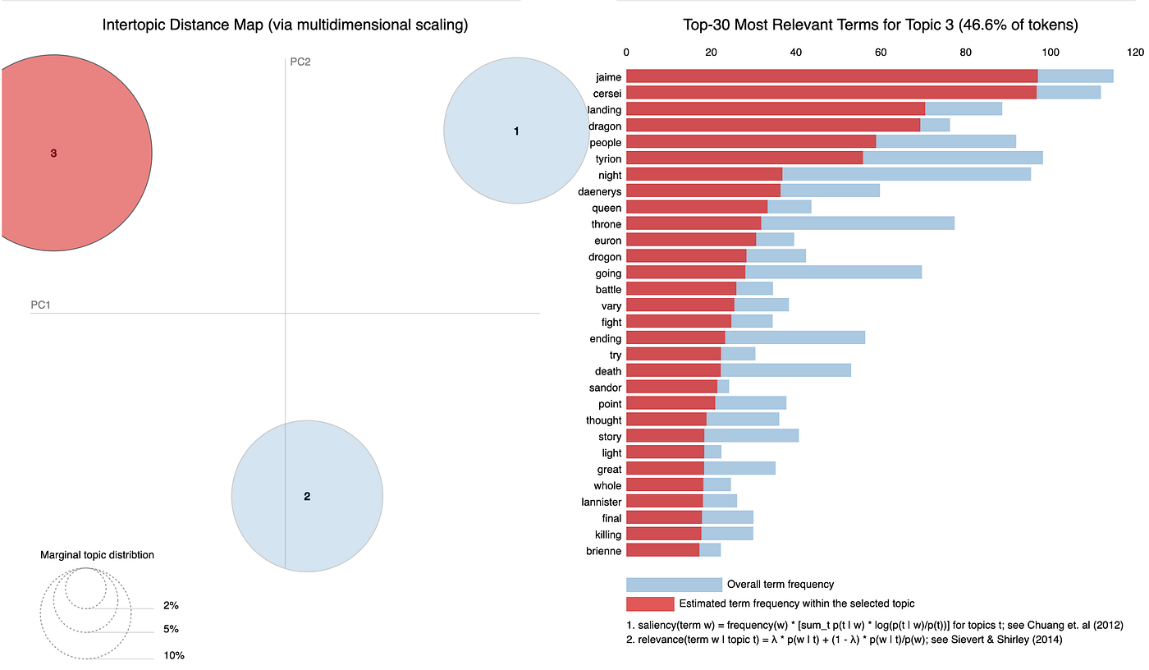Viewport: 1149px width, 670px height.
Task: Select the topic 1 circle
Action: [516, 131]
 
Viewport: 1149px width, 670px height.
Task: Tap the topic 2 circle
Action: [307, 496]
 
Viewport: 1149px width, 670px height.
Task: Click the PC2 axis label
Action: [300, 62]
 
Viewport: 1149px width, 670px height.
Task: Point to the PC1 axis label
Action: [40, 305]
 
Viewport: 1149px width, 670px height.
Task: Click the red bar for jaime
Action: [832, 76]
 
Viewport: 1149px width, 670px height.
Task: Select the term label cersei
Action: [607, 94]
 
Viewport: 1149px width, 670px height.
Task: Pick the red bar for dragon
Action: [773, 125]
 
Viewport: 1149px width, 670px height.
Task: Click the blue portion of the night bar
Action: [907, 174]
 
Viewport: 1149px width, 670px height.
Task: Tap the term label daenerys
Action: [600, 191]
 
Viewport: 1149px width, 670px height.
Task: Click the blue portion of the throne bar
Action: [858, 223]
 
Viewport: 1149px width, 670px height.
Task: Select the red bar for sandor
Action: [672, 387]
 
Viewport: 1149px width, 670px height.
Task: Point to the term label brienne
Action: [604, 551]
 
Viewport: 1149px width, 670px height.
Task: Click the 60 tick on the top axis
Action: [881, 53]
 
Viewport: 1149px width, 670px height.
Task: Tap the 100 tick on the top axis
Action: [1051, 53]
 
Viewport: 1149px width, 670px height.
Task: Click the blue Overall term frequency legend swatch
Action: [674, 585]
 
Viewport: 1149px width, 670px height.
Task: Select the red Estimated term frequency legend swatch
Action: [650, 603]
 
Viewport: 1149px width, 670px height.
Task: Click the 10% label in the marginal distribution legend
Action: [174, 655]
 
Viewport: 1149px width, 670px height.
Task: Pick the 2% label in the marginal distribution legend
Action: [171, 605]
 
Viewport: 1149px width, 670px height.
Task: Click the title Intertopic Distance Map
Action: [286, 25]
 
